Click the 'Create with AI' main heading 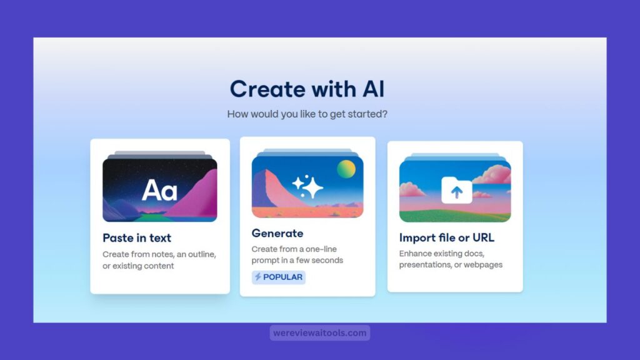tap(307, 89)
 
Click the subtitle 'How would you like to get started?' tap(307, 114)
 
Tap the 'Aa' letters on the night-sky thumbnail tap(159, 190)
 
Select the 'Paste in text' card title tap(137, 237)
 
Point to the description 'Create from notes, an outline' tap(159, 254)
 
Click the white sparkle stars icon tap(307, 186)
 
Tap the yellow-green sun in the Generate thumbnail tap(346, 169)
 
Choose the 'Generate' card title tap(277, 233)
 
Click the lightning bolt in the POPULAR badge tap(258, 277)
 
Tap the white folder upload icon tap(457, 190)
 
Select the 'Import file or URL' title tap(446, 237)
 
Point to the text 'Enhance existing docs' tap(442, 254)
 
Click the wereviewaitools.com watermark tap(319, 332)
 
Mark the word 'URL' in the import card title tap(483, 237)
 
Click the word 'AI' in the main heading tap(374, 89)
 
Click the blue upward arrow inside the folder tap(457, 192)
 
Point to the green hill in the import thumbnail tap(455, 216)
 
